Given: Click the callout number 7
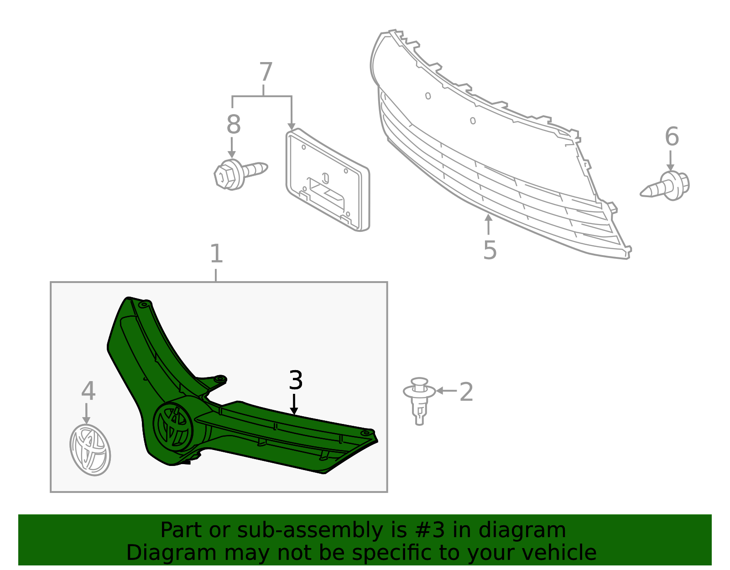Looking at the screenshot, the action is (x=266, y=72).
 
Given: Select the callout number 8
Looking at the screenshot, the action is (x=234, y=124).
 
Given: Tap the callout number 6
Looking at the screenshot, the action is (x=672, y=136).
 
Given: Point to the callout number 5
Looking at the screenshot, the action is (x=490, y=250).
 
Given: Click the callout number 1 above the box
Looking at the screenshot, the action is (x=216, y=253).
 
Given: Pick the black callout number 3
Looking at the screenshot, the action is (x=296, y=380).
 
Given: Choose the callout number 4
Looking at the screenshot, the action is (x=89, y=391).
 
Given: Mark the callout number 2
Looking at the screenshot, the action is (x=466, y=392).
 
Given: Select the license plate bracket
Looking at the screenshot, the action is (x=328, y=180).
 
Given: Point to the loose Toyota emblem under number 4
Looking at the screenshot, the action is (x=90, y=450).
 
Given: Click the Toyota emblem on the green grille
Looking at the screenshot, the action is (x=173, y=427).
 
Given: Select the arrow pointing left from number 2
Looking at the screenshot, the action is (x=447, y=391).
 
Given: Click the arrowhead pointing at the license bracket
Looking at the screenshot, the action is (x=292, y=126).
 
